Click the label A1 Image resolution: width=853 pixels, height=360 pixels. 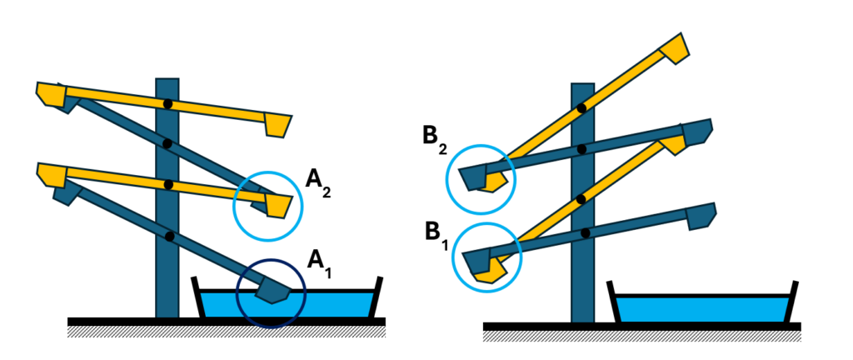tap(318, 259)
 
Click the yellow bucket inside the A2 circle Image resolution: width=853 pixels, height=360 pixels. tap(277, 204)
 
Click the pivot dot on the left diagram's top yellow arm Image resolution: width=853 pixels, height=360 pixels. tap(168, 104)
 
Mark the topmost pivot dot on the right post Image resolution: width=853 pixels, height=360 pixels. tap(581, 107)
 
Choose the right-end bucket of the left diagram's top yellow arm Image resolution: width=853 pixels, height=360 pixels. tap(277, 125)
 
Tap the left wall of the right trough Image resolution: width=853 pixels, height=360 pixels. tap(615, 303)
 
